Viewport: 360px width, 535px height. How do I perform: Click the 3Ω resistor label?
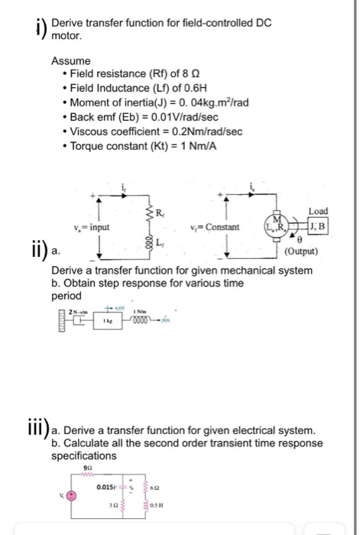point(112,502)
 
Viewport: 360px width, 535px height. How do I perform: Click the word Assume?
point(71,60)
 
